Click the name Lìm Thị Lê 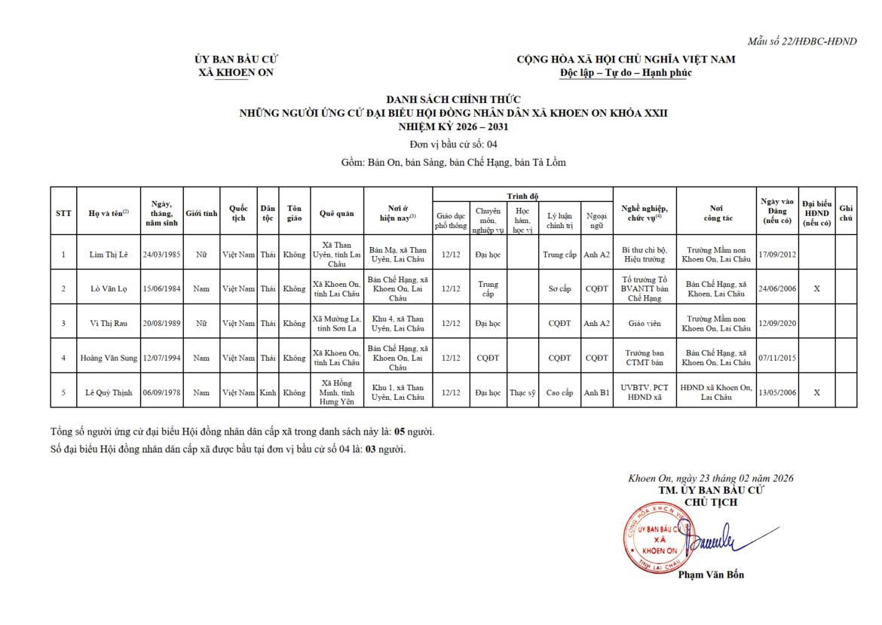click(x=108, y=255)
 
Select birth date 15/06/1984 click(x=161, y=288)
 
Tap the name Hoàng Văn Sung click(x=109, y=358)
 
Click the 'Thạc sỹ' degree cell click(x=522, y=392)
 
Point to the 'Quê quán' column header click(x=336, y=213)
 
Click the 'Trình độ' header click(x=522, y=196)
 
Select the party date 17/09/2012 click(x=776, y=255)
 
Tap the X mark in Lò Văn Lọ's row click(x=816, y=288)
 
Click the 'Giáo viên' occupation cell click(x=644, y=323)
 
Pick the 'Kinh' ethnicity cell click(x=268, y=392)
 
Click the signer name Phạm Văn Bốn click(x=710, y=575)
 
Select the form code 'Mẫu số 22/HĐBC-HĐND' click(x=801, y=41)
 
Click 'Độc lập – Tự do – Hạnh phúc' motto click(x=625, y=73)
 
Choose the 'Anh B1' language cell click(x=596, y=392)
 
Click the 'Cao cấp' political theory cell click(x=559, y=392)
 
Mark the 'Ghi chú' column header click(x=846, y=213)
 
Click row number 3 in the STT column click(x=63, y=323)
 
